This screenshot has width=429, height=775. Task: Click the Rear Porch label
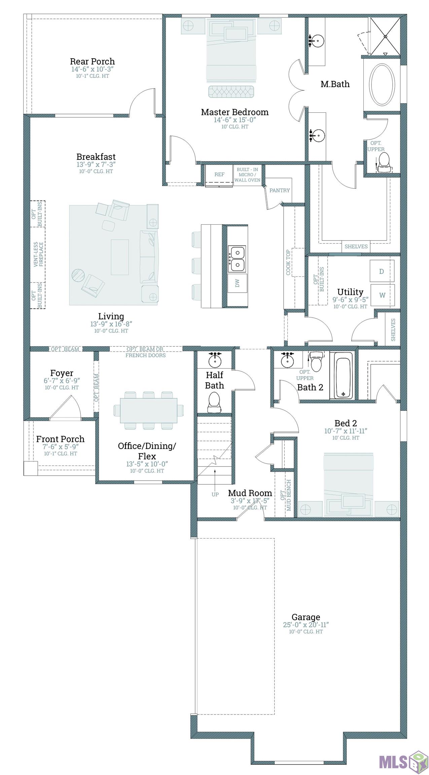[x=92, y=62]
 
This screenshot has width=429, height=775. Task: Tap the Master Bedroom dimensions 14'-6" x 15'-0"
[x=235, y=120]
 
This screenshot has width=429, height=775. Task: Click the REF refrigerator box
[x=219, y=175]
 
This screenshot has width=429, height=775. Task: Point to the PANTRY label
[x=280, y=190]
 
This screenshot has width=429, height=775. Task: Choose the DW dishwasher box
[x=238, y=283]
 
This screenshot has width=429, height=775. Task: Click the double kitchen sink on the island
[x=237, y=259]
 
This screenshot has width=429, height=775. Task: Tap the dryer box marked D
[x=382, y=271]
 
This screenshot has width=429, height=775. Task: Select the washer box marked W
[x=382, y=295]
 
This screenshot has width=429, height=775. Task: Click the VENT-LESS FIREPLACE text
[x=38, y=254]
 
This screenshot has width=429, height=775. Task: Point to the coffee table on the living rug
[x=120, y=257]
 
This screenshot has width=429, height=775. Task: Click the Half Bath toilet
[x=214, y=403]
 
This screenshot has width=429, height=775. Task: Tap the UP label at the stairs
[x=215, y=494]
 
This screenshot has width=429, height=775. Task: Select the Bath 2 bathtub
[x=341, y=375]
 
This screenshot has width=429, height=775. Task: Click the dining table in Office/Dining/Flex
[x=149, y=410]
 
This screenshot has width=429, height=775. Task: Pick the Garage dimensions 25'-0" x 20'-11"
[x=306, y=625]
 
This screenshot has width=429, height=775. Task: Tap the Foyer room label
[x=62, y=373]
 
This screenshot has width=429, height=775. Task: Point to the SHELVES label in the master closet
[x=356, y=247]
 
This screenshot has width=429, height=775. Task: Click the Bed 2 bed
[x=348, y=485]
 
